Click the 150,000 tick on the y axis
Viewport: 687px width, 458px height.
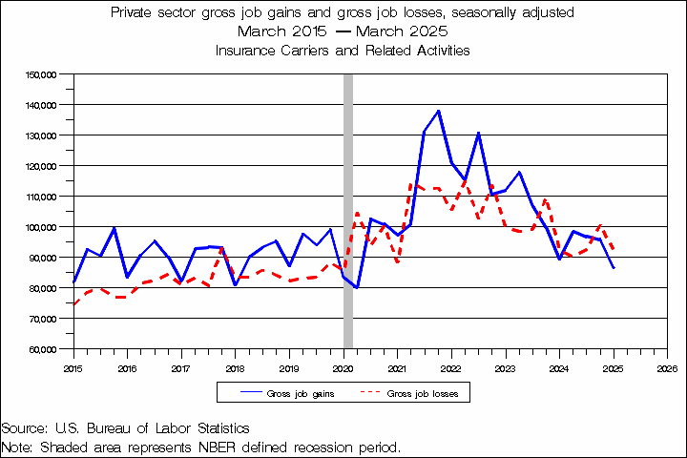coord(43,73)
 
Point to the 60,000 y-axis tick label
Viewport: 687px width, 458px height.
coord(43,349)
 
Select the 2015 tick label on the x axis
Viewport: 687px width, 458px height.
coord(73,366)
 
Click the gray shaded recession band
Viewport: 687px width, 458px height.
coord(348,210)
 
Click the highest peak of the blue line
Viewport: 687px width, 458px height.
coord(438,111)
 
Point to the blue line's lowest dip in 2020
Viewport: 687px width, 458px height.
coord(357,286)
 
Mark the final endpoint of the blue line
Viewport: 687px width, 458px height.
coord(614,268)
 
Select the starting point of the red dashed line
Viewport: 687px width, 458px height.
coord(73,304)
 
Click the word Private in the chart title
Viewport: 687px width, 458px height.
coord(134,13)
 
